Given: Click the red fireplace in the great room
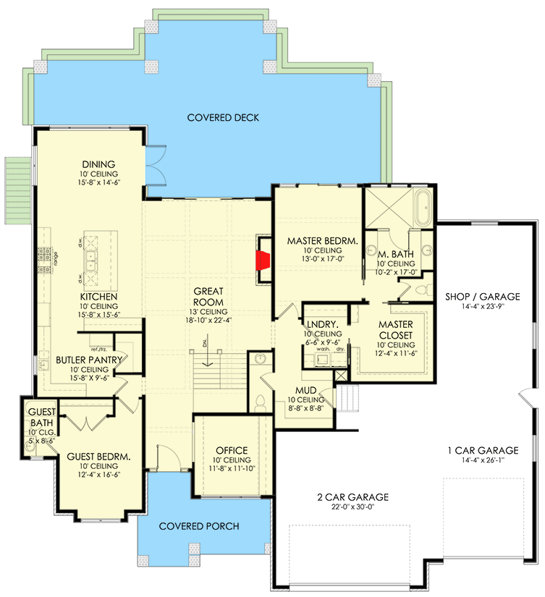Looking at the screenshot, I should (x=264, y=259).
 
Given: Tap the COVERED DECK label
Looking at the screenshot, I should (x=222, y=118).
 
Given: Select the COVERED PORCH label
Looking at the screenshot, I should (x=199, y=526).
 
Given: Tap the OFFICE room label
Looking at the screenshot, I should (x=232, y=450).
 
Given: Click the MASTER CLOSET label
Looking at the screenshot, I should (x=395, y=330).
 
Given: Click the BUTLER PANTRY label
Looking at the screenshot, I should (x=89, y=359).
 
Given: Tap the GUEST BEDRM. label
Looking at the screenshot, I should (x=98, y=457).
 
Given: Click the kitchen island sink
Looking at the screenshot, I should (x=92, y=259).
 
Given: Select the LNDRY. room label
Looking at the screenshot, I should (x=322, y=325).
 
